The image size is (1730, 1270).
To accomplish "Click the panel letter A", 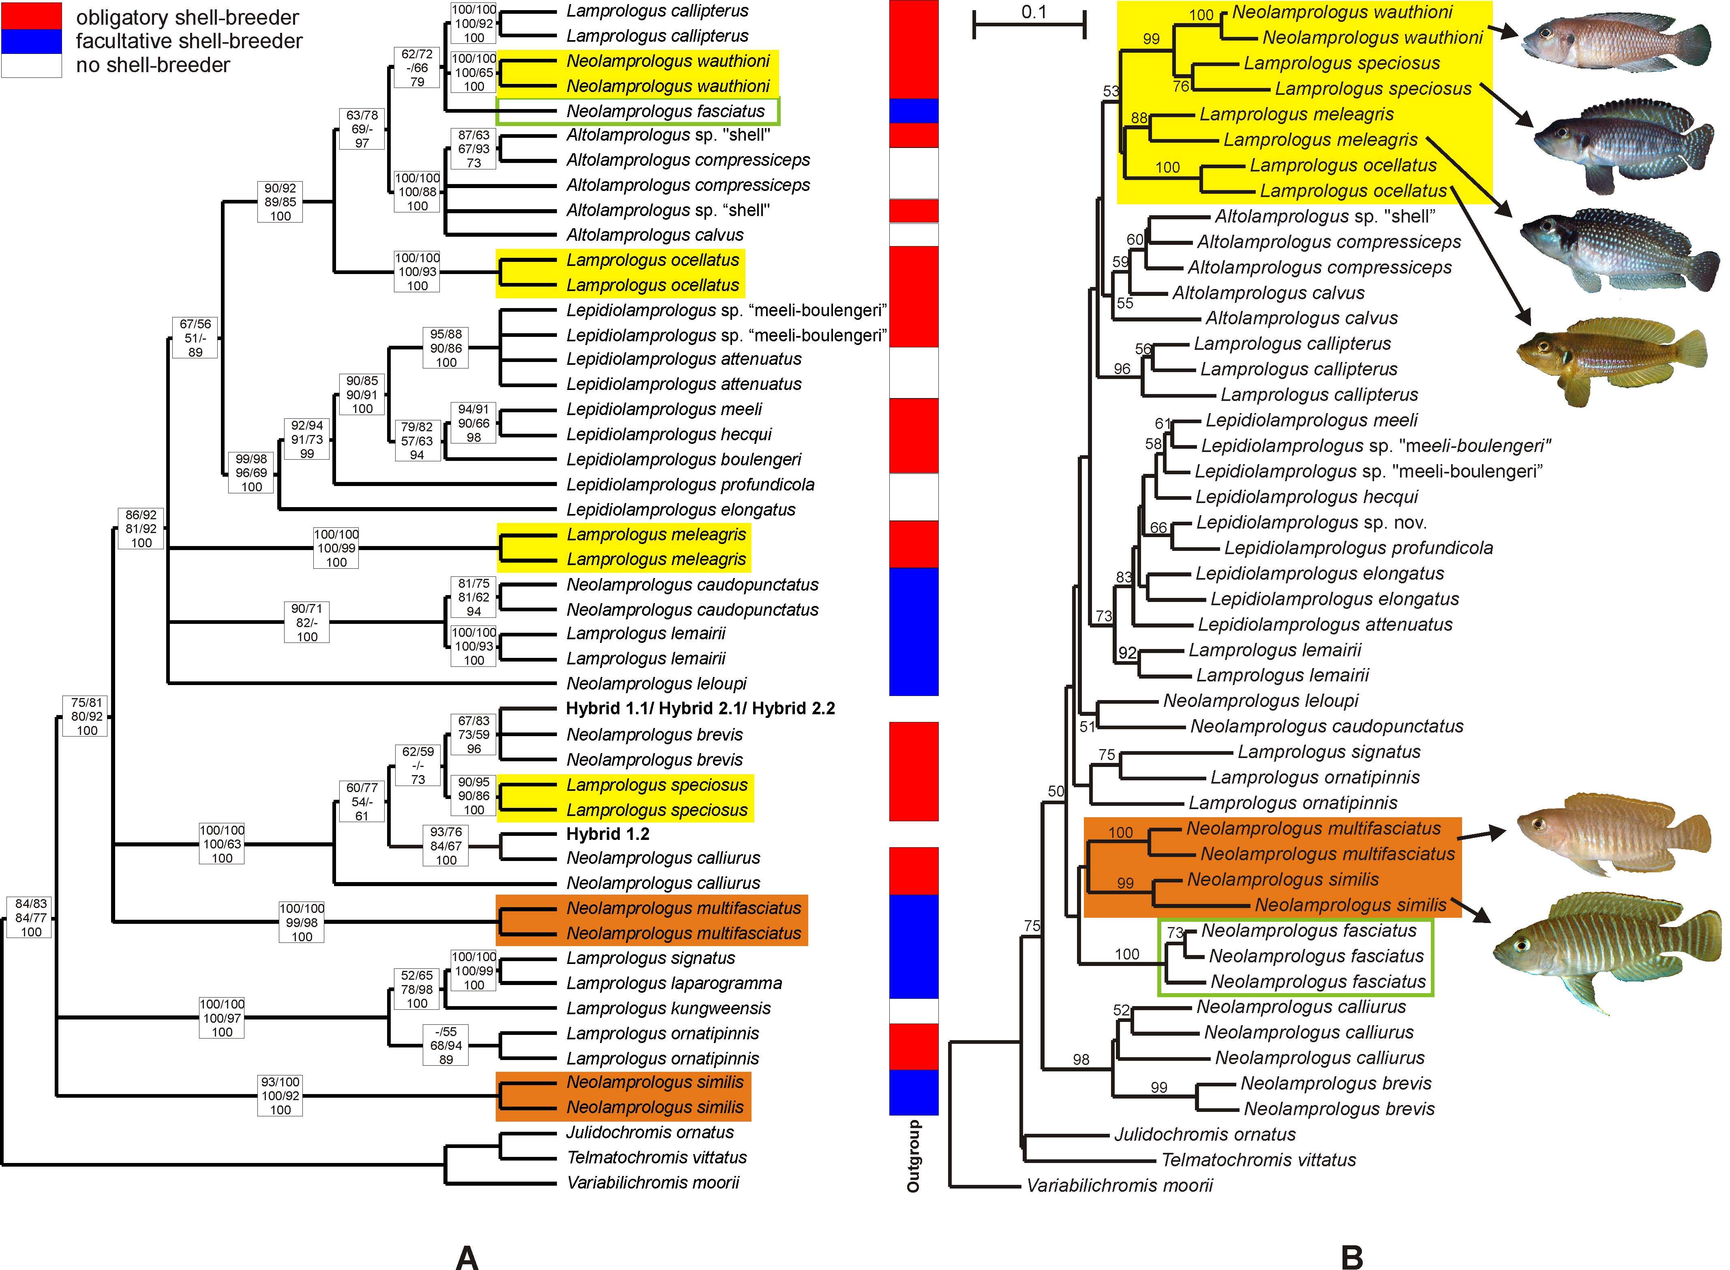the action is coord(467,1256).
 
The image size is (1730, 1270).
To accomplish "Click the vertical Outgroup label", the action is coord(913,1155).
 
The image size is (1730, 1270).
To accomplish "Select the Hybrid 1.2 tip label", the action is coord(608,834).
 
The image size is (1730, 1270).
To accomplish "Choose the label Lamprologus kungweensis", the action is coord(669,1008).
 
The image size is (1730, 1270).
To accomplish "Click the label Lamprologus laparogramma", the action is coord(674,983).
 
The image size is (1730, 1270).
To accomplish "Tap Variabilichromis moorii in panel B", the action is coord(1120,1185).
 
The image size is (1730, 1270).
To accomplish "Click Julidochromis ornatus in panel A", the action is coord(650,1133).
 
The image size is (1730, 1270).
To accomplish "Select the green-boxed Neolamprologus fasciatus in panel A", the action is coord(666,111).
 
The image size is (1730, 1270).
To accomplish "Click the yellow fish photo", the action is coord(1612,360).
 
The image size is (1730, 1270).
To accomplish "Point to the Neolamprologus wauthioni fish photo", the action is coord(1616,42).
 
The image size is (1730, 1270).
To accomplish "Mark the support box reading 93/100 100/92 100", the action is coord(280,1095).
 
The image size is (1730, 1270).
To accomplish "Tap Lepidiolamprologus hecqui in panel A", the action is coord(669,435).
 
